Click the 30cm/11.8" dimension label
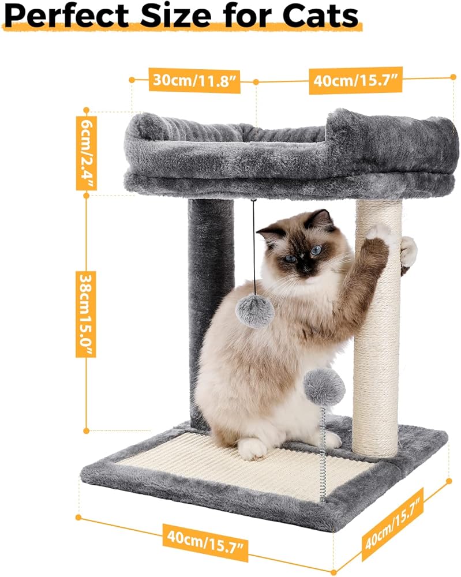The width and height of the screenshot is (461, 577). point(194,80)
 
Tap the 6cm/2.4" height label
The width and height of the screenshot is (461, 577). point(87,153)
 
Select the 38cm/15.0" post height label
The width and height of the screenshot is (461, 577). point(86,314)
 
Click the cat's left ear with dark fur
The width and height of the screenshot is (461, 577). point(321,218)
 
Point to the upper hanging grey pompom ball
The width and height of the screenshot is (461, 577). point(255,312)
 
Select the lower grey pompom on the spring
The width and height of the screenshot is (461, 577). point(324,387)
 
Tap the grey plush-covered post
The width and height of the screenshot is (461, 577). point(211,313)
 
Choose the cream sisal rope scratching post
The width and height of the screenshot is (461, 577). point(377,328)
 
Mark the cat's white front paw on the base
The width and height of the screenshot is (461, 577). point(252,448)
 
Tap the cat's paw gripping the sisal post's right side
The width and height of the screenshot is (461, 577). point(408,252)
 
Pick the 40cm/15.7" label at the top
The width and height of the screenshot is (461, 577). point(355,80)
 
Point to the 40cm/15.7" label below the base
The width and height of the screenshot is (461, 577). point(205,541)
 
